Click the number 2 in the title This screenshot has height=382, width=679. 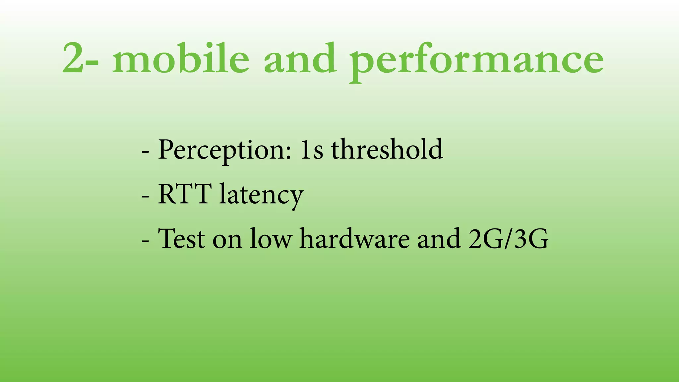(x=74, y=59)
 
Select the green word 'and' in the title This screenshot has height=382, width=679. (x=300, y=58)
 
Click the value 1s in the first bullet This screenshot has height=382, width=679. (x=311, y=150)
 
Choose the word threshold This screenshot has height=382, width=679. (x=387, y=150)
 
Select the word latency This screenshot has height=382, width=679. (x=261, y=196)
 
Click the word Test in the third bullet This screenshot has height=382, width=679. (x=181, y=238)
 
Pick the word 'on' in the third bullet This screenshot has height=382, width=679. (x=227, y=240)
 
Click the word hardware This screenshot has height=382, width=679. (x=354, y=238)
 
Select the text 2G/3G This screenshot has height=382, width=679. (x=508, y=238)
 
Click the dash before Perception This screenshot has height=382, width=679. (x=145, y=152)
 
